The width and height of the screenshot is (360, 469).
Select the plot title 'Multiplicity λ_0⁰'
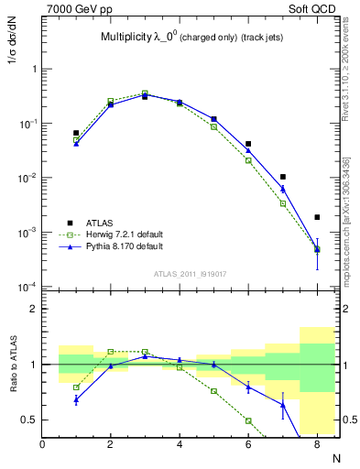pyautogui.click(x=138, y=38)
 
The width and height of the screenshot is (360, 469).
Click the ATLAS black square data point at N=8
pyautogui.click(x=317, y=217)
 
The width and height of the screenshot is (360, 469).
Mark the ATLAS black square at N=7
pyautogui.click(x=283, y=177)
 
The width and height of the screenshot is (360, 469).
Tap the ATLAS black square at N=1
pyautogui.click(x=76, y=133)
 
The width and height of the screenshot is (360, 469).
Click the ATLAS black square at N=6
pyautogui.click(x=248, y=144)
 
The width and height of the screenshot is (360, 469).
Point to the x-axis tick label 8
pyautogui.click(x=317, y=444)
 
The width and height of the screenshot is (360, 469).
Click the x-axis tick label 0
pyautogui.click(x=42, y=444)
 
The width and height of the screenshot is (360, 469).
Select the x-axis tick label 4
pyautogui.click(x=180, y=444)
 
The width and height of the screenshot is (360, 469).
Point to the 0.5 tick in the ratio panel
pyautogui.click(x=29, y=420)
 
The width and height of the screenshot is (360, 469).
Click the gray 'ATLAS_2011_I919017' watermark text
pyautogui.click(x=191, y=273)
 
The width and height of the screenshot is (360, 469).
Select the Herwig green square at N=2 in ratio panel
pyautogui.click(x=111, y=352)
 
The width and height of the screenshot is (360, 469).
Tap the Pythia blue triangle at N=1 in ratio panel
pyautogui.click(x=76, y=398)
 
